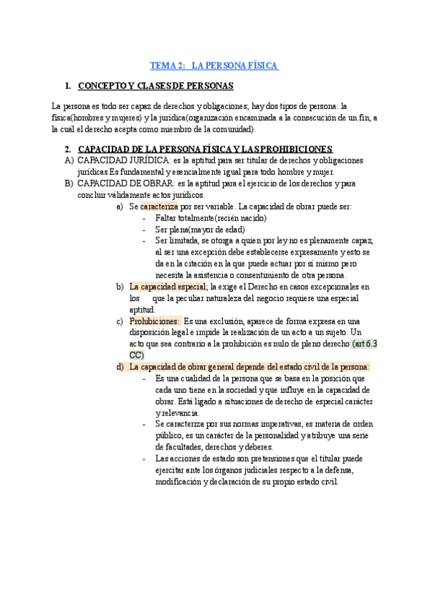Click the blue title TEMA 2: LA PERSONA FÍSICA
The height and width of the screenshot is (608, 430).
coord(214,66)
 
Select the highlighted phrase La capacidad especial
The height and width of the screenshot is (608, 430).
coord(167,288)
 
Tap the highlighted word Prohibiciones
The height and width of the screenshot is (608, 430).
coord(153,321)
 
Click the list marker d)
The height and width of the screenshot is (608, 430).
coord(120,367)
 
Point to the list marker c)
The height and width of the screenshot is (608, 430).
coord(120,321)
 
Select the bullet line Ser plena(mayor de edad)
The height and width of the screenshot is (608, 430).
coord(196,230)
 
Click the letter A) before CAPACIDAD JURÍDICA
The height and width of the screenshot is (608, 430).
coord(69,161)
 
